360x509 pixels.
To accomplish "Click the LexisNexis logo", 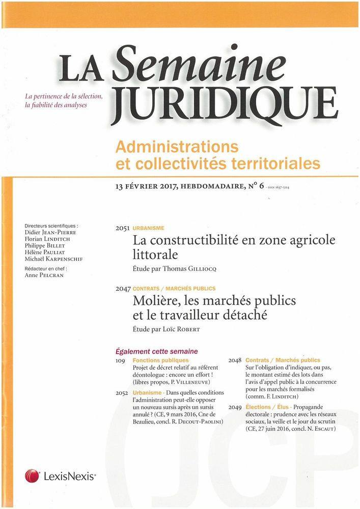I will pyautogui.click(x=61, y=476).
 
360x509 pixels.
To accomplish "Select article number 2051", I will pyautogui.click(x=123, y=229).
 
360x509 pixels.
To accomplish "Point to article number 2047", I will pyautogui.click(x=123, y=289).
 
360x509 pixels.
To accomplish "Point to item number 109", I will pyautogui.click(x=122, y=360).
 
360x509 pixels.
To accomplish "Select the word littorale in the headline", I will pyautogui.click(x=155, y=254).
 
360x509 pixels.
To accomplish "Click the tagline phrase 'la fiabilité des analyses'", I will pyautogui.click(x=56, y=105).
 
